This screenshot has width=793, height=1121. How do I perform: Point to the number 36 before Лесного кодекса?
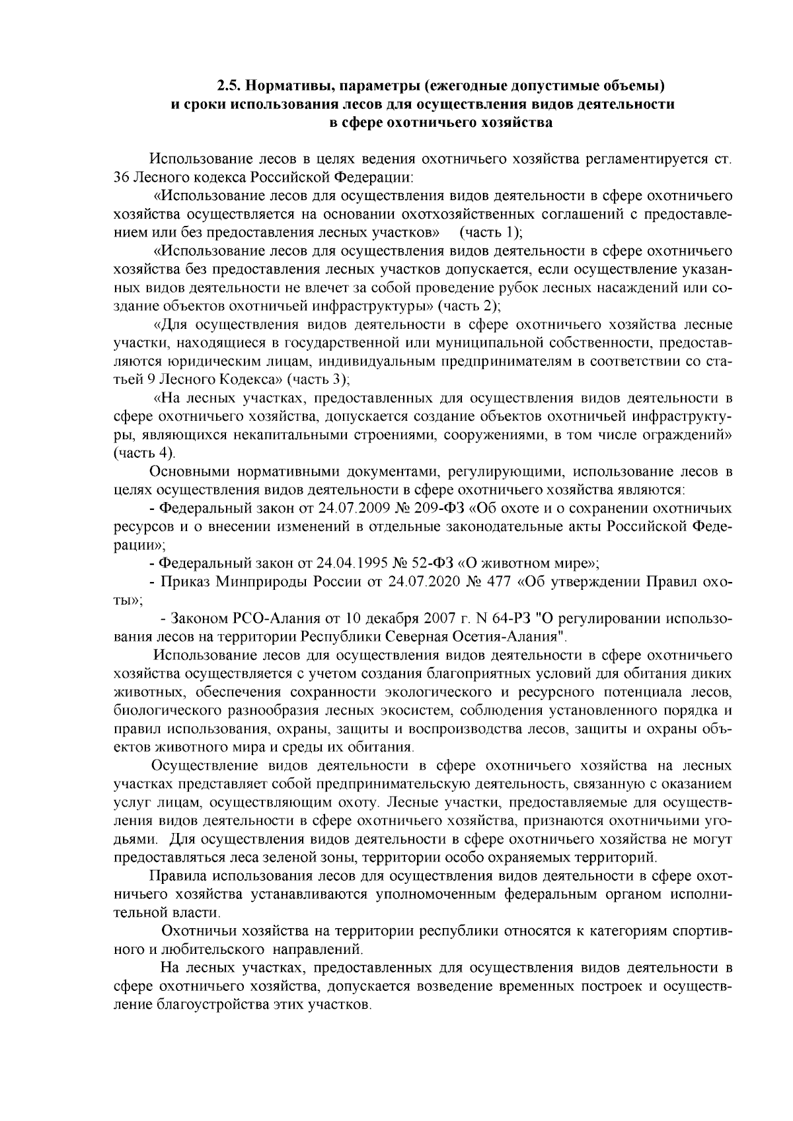[x=122, y=178]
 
